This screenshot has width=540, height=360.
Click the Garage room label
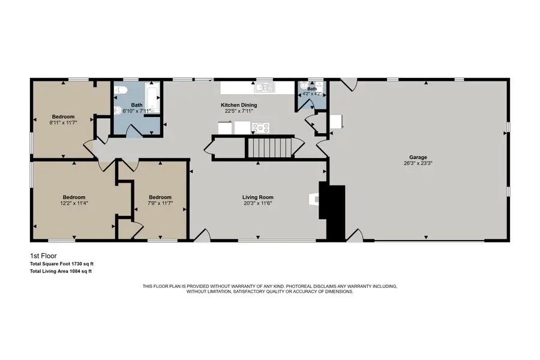pos(418,157)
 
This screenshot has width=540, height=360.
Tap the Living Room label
pos(258,197)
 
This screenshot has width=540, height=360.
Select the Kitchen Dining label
pos(239,105)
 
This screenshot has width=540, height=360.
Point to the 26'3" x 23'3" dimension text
pos(418,163)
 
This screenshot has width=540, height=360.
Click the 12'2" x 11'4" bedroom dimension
pos(74,203)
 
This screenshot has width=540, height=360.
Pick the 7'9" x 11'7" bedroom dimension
pos(160,203)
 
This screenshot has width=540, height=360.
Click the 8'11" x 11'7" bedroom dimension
pos(63,122)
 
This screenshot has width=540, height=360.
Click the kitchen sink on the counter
pos(265,87)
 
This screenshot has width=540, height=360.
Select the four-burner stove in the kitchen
pos(260,128)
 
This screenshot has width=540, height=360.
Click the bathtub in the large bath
pos(152,97)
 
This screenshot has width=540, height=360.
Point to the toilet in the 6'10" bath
pos(121,90)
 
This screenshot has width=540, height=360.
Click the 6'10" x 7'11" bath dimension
pos(137,111)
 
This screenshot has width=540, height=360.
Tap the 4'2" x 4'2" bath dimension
pos(311,94)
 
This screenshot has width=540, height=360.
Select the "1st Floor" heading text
pos(43,256)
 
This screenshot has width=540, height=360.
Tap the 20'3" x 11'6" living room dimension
pos(258,203)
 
